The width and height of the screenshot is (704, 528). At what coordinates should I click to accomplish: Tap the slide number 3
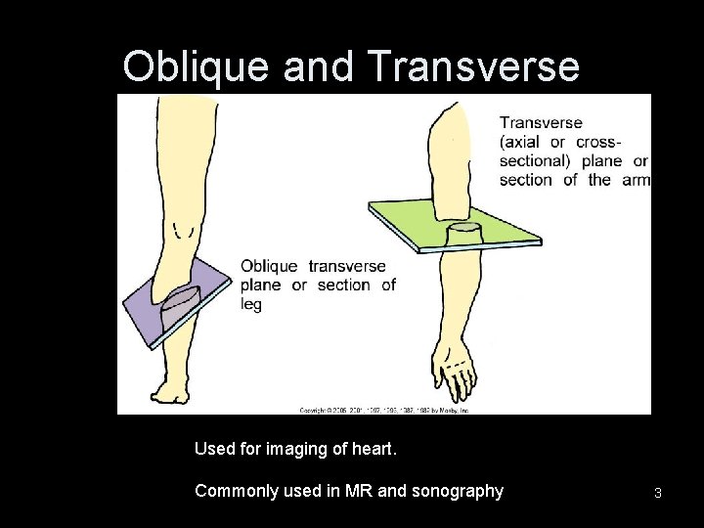coord(658,493)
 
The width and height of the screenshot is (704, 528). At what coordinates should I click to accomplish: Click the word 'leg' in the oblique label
coord(251,304)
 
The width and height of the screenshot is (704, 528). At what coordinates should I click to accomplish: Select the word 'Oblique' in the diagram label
coord(270,266)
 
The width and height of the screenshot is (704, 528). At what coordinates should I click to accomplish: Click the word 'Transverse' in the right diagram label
coord(541,123)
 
